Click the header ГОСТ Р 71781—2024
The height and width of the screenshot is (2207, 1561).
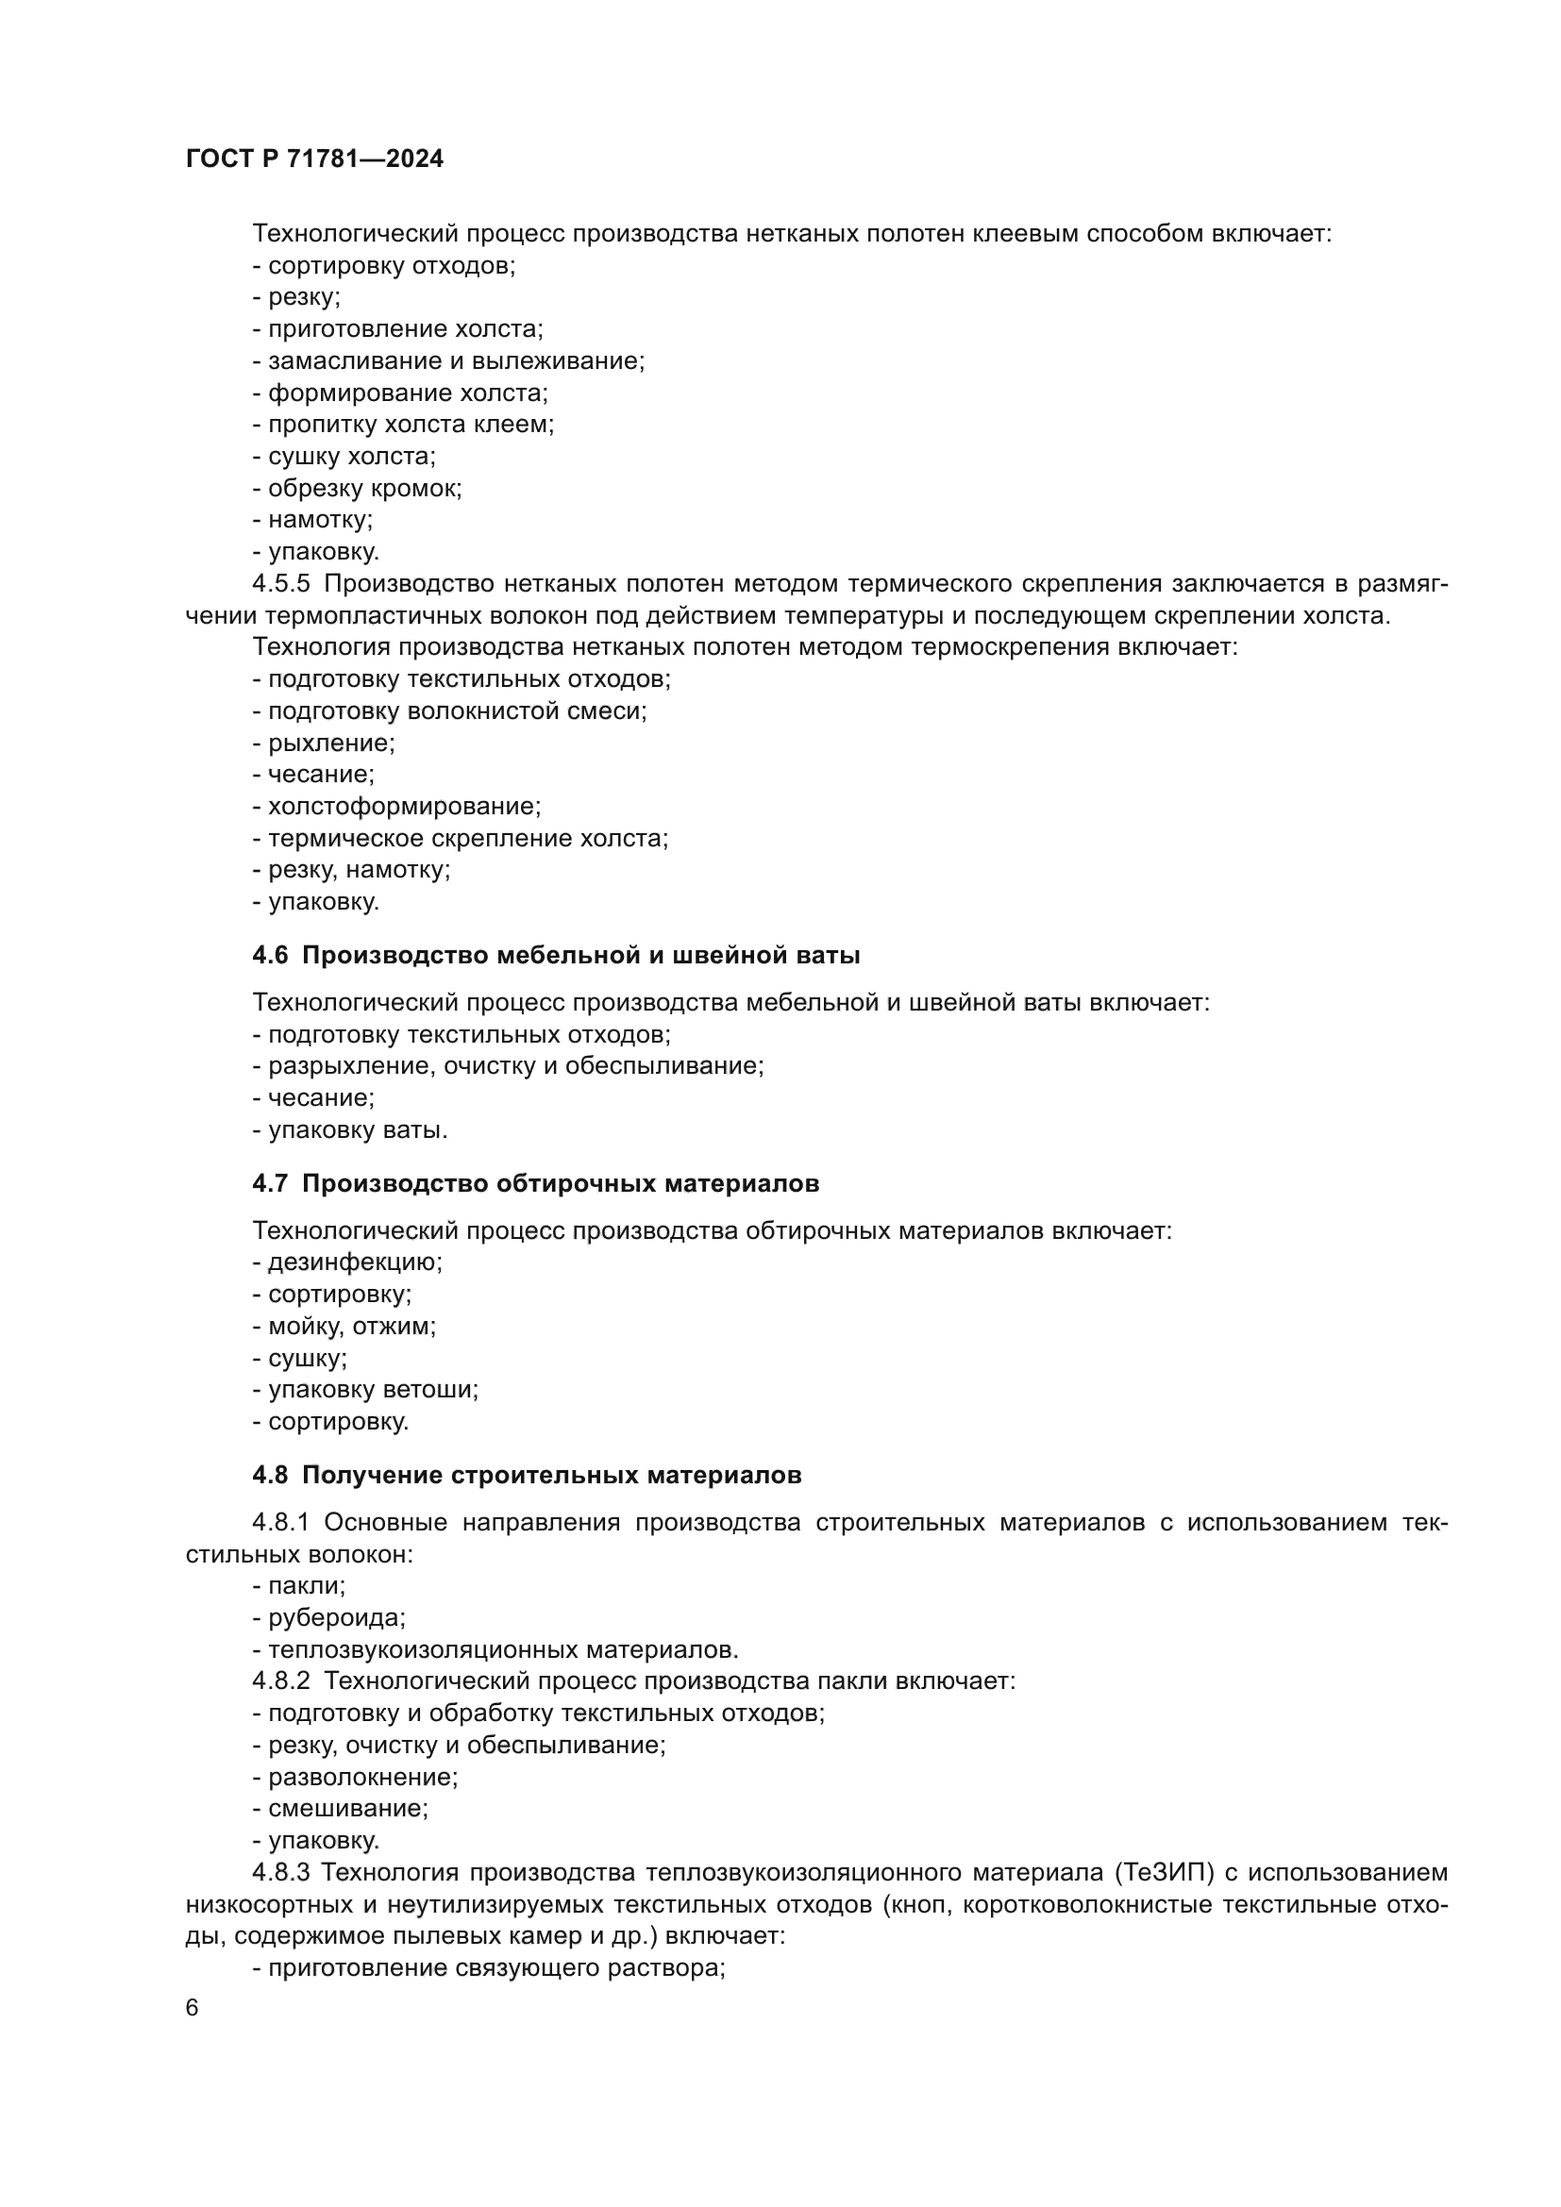click(x=314, y=159)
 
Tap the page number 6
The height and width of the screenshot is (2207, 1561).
click(x=193, y=2007)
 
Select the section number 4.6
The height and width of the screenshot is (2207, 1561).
click(x=270, y=956)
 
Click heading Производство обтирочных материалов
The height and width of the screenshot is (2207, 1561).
click(x=561, y=1183)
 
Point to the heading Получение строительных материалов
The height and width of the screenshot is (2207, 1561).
click(x=552, y=1476)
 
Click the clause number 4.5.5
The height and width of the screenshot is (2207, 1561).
click(x=281, y=584)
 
